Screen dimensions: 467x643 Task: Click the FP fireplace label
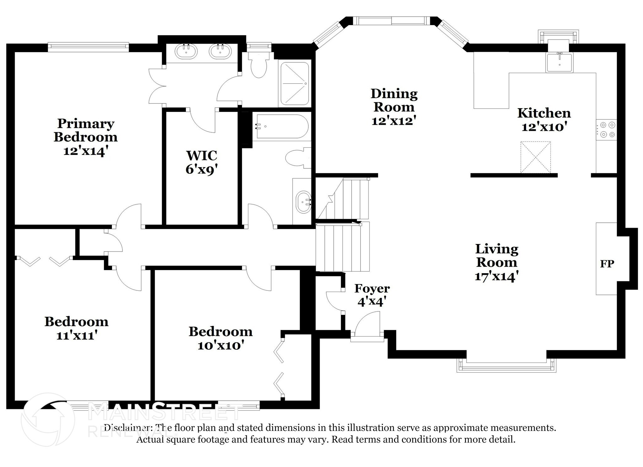click(607, 264)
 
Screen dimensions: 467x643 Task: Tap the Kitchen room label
click(544, 113)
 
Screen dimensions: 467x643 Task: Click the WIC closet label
click(202, 155)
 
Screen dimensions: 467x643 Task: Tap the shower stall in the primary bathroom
click(294, 83)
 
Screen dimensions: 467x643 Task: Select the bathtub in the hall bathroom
click(281, 126)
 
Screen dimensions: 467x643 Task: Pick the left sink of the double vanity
click(186, 51)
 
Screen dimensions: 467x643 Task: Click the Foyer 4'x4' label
click(372, 295)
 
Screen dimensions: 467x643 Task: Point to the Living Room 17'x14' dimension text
click(496, 276)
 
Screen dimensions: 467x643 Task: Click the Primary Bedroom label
click(85, 130)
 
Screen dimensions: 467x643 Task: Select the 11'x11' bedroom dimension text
click(76, 336)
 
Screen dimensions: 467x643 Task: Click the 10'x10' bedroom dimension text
click(221, 346)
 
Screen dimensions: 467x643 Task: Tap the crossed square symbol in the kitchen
click(535, 157)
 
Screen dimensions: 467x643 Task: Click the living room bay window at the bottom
click(506, 365)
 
